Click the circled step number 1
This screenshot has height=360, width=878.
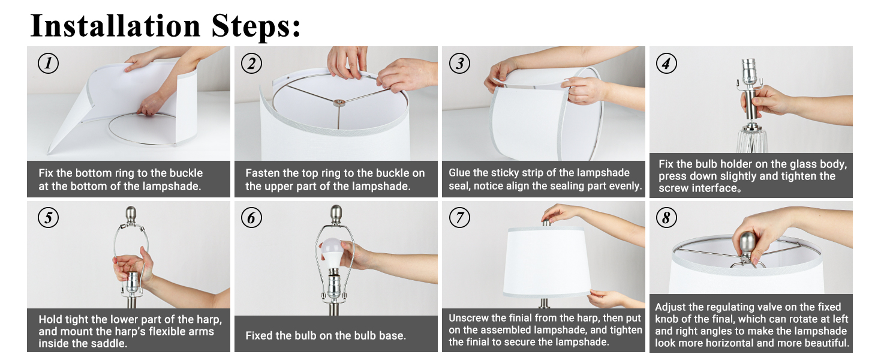[x=48, y=64]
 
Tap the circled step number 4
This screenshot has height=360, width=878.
[x=666, y=64]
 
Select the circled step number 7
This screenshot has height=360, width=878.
[x=459, y=218]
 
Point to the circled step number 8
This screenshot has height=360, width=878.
[x=666, y=218]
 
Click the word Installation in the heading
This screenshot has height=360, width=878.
[x=116, y=26]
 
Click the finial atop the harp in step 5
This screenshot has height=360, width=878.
[x=131, y=215]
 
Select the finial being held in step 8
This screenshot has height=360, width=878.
[x=747, y=244]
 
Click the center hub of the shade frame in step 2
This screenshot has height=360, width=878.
[x=339, y=103]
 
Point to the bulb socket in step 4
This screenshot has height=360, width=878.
[x=748, y=72]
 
